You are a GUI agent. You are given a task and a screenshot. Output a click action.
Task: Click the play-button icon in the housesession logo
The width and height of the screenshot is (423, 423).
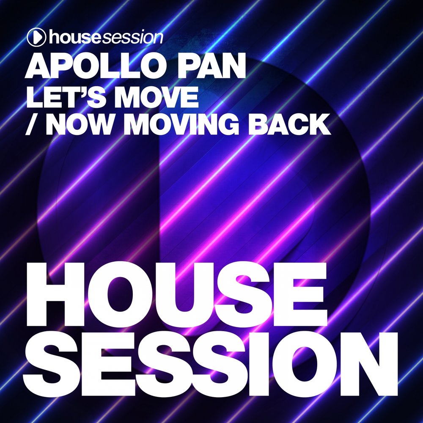tap(36, 37)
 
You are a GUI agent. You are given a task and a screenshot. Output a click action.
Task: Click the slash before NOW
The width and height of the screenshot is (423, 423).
tap(31, 124)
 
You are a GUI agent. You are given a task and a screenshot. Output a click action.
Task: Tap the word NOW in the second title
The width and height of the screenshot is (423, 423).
tap(79, 124)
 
